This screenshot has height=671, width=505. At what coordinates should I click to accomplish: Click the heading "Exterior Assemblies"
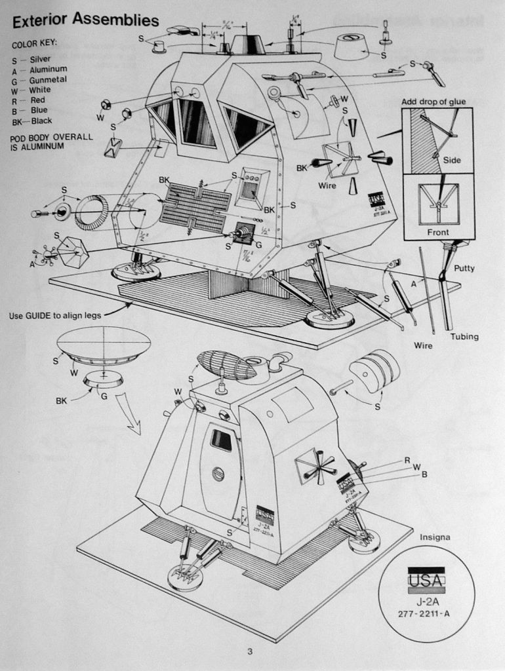tap(85, 20)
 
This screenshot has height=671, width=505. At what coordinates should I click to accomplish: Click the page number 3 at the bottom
tap(250, 651)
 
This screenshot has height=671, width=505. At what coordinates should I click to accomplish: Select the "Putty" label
tap(464, 268)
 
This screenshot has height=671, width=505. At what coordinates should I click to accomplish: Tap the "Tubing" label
tap(464, 337)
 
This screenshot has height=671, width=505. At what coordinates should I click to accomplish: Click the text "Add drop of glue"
tap(434, 102)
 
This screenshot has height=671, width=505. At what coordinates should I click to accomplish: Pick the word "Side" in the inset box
tap(452, 160)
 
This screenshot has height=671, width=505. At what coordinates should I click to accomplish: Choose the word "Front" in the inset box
tap(438, 232)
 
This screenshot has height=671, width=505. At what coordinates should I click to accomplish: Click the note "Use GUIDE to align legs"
tap(55, 315)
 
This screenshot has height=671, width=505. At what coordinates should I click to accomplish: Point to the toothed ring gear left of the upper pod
tap(91, 212)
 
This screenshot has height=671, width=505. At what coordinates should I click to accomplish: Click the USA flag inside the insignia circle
tap(426, 579)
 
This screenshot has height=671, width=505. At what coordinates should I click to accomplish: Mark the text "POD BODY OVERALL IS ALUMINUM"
tap(52, 142)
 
